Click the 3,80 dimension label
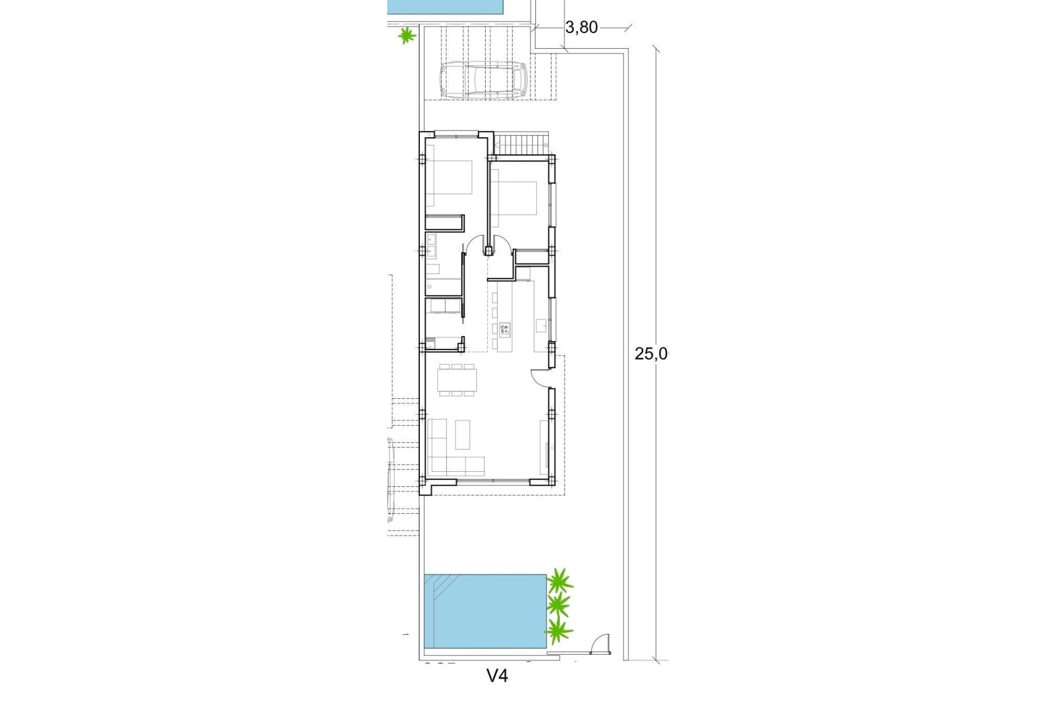click(582, 27)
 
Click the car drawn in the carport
click(482, 80)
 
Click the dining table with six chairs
click(456, 380)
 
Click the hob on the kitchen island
click(505, 330)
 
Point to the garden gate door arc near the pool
click(598, 644)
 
